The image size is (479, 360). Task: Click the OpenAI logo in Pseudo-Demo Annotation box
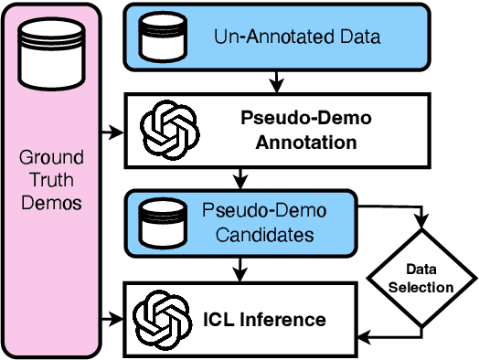coord(165,129)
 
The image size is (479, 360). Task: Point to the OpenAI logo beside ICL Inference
coord(160,319)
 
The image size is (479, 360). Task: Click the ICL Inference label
coord(264,320)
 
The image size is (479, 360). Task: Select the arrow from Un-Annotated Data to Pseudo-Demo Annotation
coord(277,82)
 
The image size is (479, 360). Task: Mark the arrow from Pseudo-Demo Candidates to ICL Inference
coord(239,270)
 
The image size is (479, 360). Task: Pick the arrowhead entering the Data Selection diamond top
coord(421,227)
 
